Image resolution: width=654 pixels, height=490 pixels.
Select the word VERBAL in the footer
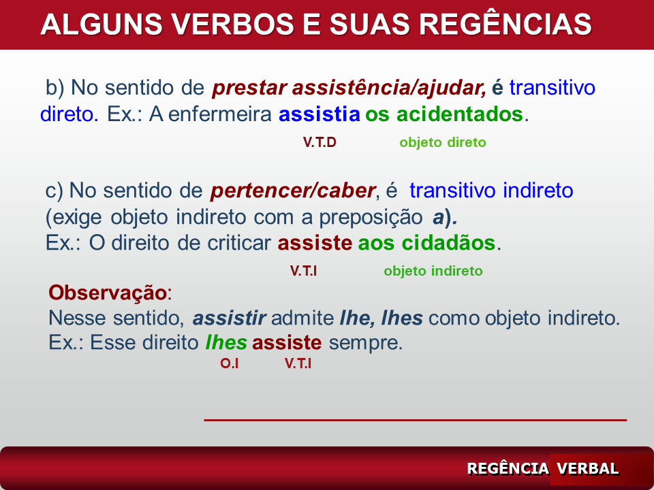[x=587, y=468]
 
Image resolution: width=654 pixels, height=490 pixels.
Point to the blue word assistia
[x=319, y=114]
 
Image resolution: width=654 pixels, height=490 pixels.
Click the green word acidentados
[x=460, y=114]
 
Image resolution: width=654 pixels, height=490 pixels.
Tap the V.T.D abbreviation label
[x=320, y=142]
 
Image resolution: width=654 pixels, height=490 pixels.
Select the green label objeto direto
[x=443, y=142]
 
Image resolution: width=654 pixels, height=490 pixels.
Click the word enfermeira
[x=220, y=114]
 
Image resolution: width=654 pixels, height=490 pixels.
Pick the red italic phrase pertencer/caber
[x=293, y=191]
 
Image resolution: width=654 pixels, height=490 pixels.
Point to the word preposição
[x=371, y=217]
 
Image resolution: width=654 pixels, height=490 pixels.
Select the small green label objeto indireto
[x=433, y=271]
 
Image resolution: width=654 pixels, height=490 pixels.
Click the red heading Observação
[x=108, y=293]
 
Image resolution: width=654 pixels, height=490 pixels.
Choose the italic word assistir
[x=229, y=318]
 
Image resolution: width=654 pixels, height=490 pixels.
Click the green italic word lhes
[x=226, y=342]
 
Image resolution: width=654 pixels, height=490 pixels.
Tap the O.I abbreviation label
[x=229, y=363]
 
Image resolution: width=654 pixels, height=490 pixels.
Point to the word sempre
[x=365, y=343]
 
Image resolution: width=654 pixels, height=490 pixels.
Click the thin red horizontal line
[x=415, y=420]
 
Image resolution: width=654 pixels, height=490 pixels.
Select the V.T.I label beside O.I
[x=298, y=363]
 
